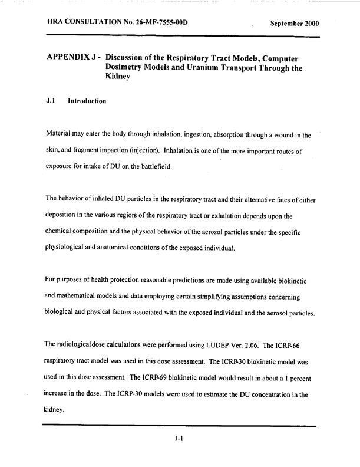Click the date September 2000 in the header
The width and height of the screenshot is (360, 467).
(x=295, y=24)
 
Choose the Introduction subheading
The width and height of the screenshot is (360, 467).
(x=87, y=101)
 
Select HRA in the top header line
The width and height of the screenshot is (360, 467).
(x=56, y=23)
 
